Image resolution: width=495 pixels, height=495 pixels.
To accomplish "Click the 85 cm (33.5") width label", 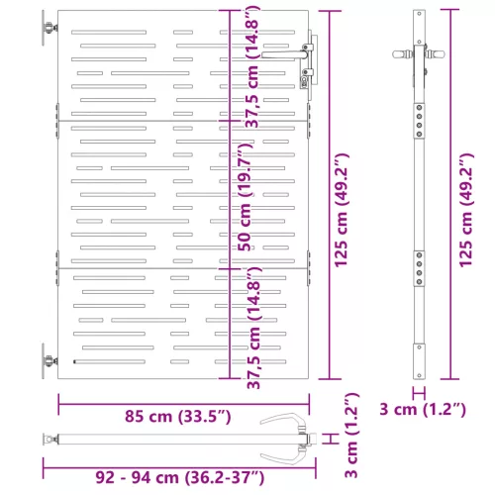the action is click(177, 417).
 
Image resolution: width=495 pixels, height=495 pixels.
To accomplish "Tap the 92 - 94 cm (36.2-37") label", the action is click(180, 477).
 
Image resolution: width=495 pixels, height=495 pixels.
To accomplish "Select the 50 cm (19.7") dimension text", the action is click(246, 197).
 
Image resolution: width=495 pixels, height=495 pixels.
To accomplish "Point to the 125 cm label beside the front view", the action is click(342, 210).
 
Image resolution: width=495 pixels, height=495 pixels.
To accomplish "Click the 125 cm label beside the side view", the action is click(466, 210).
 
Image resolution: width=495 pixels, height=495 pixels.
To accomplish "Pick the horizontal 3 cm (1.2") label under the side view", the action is click(423, 410).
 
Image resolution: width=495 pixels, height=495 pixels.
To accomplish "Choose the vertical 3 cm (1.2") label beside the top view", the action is click(351, 436).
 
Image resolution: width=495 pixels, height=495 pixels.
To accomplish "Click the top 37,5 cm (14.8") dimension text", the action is click(252, 67).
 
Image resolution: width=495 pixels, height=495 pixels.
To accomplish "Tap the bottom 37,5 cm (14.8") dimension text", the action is click(253, 328).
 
